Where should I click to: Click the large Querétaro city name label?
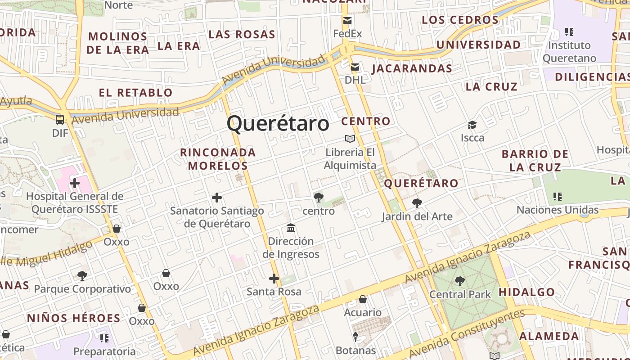(x=278, y=123)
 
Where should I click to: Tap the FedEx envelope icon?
(x=347, y=20)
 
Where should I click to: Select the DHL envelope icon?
(x=355, y=67)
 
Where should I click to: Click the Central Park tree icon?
(x=459, y=281)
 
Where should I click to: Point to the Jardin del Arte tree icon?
(x=417, y=203)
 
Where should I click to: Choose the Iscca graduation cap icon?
(x=472, y=125)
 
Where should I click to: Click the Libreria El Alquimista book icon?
(x=350, y=139)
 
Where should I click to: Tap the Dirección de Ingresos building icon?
(x=291, y=228)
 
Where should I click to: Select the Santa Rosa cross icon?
(x=274, y=279)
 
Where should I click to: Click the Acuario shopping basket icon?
(x=363, y=299)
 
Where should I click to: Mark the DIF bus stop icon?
(x=60, y=120)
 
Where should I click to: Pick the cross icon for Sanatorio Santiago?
(x=217, y=198)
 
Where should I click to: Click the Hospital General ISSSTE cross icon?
(x=75, y=183)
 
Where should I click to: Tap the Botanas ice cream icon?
(x=355, y=337)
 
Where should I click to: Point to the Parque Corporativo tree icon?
(x=82, y=275)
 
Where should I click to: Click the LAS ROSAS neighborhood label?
(x=242, y=35)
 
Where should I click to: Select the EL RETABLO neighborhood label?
(x=135, y=93)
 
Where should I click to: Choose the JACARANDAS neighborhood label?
(x=412, y=68)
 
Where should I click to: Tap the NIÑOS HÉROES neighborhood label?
(x=74, y=318)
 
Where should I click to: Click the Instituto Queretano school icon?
(x=569, y=32)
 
